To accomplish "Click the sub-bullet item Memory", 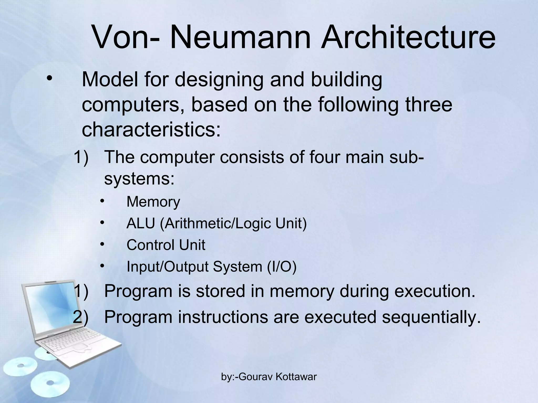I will coord(153,202).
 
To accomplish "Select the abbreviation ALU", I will coord(141,224).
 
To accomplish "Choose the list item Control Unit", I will coord(166,245).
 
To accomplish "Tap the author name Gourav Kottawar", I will coord(278,377).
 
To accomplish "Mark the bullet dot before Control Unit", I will coord(102,245).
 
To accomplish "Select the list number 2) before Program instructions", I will coord(81,317).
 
